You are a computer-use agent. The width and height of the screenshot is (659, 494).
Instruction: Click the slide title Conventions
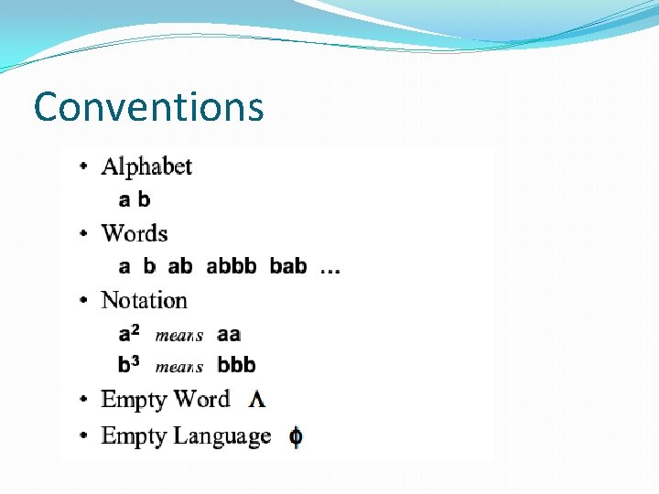(148, 107)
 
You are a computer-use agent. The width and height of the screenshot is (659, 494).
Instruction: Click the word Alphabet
(146, 166)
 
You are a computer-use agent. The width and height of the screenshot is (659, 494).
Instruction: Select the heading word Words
(135, 233)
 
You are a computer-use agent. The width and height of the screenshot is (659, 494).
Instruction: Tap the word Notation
(144, 300)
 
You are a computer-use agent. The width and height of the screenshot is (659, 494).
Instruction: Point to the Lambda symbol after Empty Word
(257, 400)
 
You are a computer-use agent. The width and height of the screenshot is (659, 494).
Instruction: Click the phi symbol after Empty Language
(296, 437)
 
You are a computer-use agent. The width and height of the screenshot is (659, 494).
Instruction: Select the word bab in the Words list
(288, 266)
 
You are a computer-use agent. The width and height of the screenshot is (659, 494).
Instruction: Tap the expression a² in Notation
(128, 333)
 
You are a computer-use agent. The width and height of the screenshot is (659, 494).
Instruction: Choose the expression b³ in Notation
(128, 364)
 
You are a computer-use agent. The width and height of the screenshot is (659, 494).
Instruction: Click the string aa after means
(229, 335)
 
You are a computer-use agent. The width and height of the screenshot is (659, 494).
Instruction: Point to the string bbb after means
(236, 365)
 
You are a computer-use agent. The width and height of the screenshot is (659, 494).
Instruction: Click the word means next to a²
(179, 336)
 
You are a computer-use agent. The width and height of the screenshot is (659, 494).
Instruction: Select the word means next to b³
(179, 367)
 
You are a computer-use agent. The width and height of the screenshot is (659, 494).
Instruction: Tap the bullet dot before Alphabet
(84, 166)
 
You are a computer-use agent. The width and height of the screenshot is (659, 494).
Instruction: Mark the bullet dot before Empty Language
(84, 436)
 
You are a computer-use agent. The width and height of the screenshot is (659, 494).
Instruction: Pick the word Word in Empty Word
(201, 400)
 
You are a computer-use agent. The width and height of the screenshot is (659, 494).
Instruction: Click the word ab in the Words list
(180, 266)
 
